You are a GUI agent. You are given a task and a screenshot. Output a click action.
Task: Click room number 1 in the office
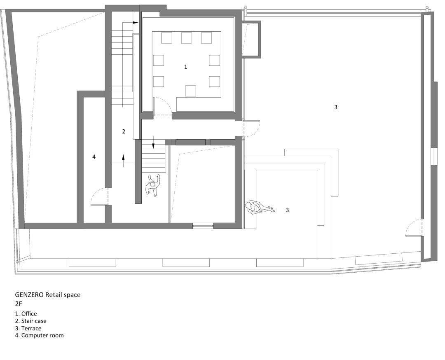point(185,67)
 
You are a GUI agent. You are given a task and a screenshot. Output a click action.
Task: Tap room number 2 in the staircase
point(124,131)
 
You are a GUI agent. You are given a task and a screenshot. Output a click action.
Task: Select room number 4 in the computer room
point(94,157)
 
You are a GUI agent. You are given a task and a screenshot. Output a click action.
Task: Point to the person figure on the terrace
point(260,208)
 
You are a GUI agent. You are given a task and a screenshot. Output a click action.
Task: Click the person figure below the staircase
point(153,185)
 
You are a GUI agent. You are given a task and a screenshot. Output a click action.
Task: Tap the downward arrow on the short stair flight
point(153,143)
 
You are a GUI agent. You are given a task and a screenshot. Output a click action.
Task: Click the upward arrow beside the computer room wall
point(124,161)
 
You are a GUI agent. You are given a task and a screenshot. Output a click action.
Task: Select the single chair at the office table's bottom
point(190,91)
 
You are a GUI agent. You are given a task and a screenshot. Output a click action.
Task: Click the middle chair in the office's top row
point(187,38)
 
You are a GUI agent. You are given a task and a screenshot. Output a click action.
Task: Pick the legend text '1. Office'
point(26,313)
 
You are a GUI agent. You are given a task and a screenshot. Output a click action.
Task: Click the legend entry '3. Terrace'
point(28,328)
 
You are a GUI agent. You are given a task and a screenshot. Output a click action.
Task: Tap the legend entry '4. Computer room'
point(40,335)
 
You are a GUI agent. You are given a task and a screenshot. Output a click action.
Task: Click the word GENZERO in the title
point(30,295)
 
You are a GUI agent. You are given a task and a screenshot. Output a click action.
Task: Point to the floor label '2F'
point(19,304)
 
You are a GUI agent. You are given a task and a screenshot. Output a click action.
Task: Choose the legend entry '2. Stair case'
point(30,321)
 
